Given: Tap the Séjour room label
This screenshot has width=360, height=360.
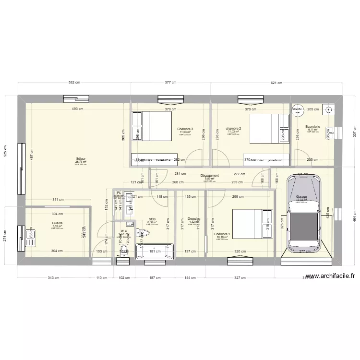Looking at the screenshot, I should coord(81,159).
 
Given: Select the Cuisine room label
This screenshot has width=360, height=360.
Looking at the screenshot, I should coord(57,223).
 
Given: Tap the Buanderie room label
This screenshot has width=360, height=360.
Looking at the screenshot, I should coord(312,127).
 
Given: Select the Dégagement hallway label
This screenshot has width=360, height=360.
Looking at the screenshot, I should coord(209,176).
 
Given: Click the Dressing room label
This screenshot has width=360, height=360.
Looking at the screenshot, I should coord(193,218).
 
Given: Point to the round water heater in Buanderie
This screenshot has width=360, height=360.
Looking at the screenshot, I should coord(297,110).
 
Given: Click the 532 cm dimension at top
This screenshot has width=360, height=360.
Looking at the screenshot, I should coord(74,83).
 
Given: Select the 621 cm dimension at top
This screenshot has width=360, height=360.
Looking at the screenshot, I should coord(276,83).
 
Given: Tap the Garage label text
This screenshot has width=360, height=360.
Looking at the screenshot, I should coord(301,197).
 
